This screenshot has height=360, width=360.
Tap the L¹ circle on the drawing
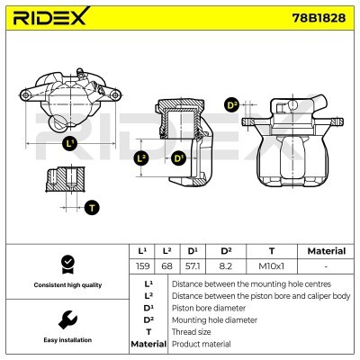coord(71,143)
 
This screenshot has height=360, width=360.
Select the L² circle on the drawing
coord(140,158)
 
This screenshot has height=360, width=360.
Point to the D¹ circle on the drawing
coord(178,158)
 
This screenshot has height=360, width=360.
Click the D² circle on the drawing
coord(231,105)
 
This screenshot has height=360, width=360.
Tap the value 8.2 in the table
coord(226,266)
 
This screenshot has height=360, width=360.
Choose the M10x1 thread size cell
coord(272,266)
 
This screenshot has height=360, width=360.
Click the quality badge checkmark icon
coord(66,263)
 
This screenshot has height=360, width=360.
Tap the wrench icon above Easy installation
coord(66,319)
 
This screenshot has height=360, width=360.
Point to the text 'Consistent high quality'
coord(66,284)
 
